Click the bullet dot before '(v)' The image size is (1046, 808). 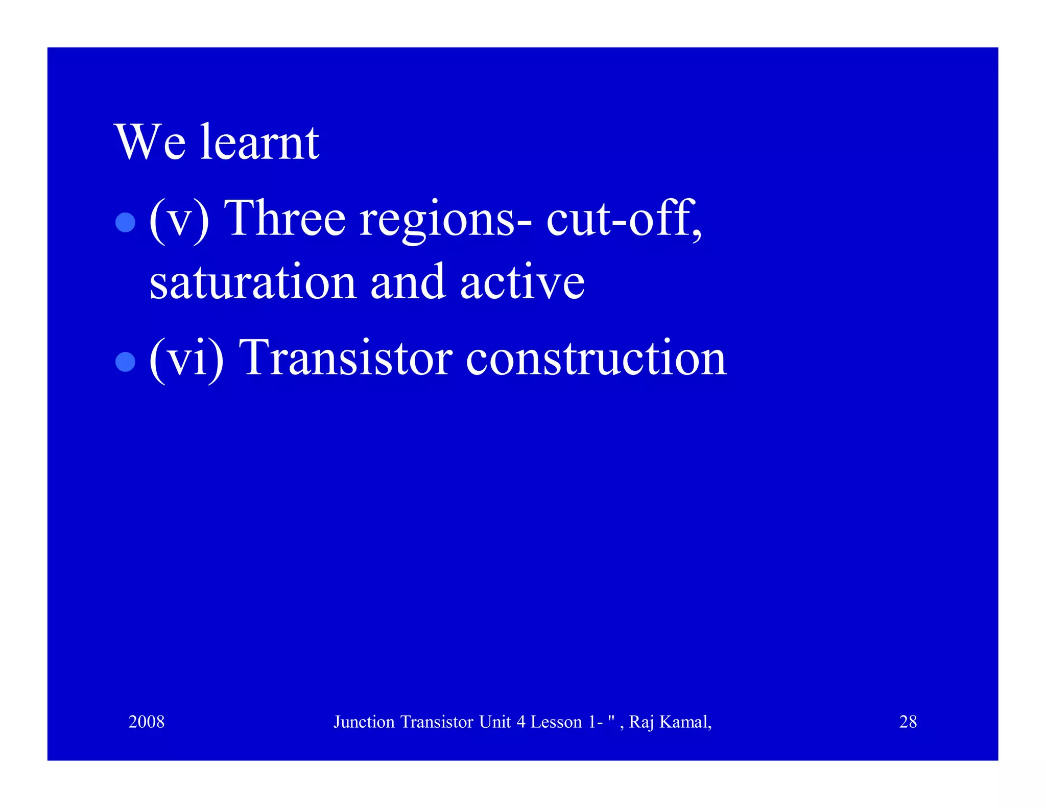pyautogui.click(x=125, y=222)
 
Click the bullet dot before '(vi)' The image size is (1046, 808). pyautogui.click(x=125, y=362)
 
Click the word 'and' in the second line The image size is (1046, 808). pyautogui.click(x=408, y=282)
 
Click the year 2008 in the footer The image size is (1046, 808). pyautogui.click(x=146, y=722)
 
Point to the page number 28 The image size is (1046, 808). pyautogui.click(x=908, y=722)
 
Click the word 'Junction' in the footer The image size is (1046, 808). pyautogui.click(x=364, y=722)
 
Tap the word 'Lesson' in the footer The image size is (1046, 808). pyautogui.click(x=556, y=722)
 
